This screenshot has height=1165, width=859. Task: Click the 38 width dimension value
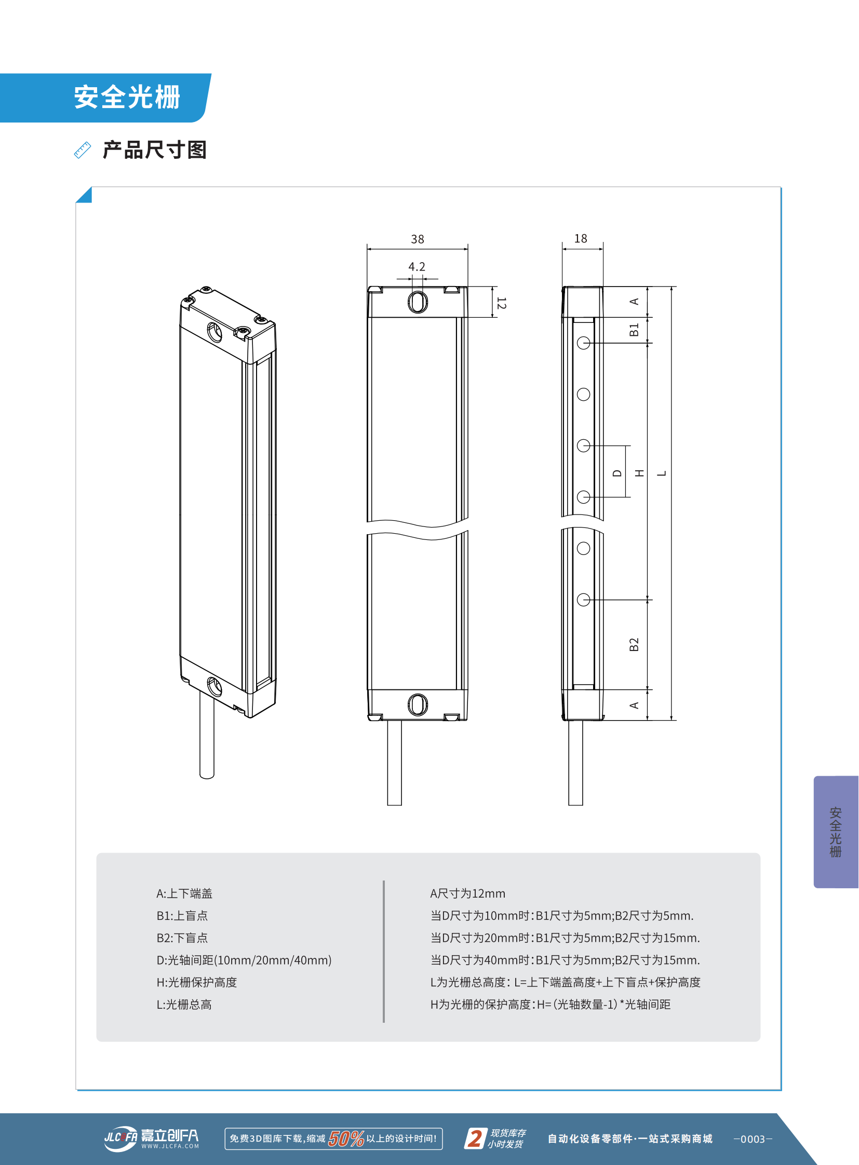pyautogui.click(x=418, y=239)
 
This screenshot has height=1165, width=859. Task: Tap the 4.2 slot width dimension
pyautogui.click(x=417, y=267)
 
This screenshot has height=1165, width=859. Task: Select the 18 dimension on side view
pyautogui.click(x=580, y=239)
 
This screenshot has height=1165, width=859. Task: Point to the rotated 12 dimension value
pyautogui.click(x=501, y=303)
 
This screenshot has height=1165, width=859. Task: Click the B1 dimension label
pyautogui.click(x=633, y=330)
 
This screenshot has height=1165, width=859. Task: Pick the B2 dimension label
pyautogui.click(x=633, y=645)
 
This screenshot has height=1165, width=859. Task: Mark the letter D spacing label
pyautogui.click(x=617, y=473)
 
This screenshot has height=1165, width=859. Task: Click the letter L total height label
pyautogui.click(x=662, y=473)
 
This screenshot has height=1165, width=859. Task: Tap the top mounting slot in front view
pyautogui.click(x=418, y=302)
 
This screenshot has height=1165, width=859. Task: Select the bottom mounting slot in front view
pyautogui.click(x=418, y=705)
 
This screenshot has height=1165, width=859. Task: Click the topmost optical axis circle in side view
pyautogui.click(x=583, y=343)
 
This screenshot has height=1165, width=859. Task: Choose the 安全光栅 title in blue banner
pyautogui.click(x=127, y=98)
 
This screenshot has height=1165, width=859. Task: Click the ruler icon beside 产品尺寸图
pyautogui.click(x=83, y=150)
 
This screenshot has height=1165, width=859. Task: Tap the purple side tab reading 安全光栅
pyautogui.click(x=835, y=832)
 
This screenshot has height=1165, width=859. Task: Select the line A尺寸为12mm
pyautogui.click(x=467, y=893)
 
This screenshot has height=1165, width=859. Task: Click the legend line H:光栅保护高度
pyautogui.click(x=196, y=982)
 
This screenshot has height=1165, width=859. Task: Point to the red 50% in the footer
pyautogui.click(x=346, y=1139)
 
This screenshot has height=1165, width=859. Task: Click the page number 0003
pyautogui.click(x=753, y=1139)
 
